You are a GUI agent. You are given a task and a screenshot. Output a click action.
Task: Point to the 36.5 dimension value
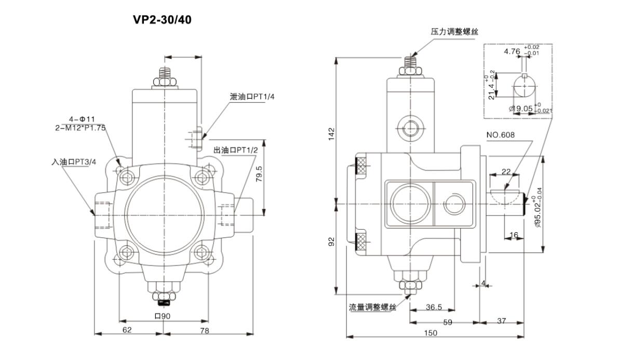(x=434, y=307)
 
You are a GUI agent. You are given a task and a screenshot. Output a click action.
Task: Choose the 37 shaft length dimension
(x=501, y=321)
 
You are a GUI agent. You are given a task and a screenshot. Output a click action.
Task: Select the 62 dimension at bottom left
(x=127, y=329)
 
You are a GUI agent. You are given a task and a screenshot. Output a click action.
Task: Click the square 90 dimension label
(x=163, y=315)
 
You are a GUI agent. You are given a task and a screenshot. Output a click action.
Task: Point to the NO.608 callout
(x=501, y=135)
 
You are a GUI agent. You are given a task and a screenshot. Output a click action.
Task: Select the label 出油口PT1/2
(x=235, y=150)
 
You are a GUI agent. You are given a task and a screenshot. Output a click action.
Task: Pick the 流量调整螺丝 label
(x=372, y=307)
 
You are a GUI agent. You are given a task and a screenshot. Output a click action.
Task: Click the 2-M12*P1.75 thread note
(x=80, y=127)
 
